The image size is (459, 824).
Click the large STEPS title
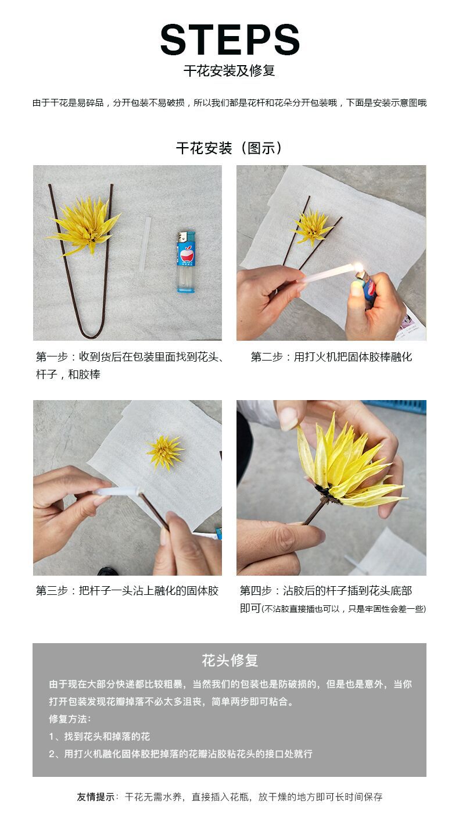point(229,40)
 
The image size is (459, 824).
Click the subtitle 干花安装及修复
point(229,71)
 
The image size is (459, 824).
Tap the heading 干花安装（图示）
point(229,148)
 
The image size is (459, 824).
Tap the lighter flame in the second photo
point(358,267)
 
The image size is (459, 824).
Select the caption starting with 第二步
point(331,357)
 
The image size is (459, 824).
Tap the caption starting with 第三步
point(127,591)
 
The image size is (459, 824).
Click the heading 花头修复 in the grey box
point(229,661)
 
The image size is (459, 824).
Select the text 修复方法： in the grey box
point(70,719)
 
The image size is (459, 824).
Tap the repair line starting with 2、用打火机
point(181,754)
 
